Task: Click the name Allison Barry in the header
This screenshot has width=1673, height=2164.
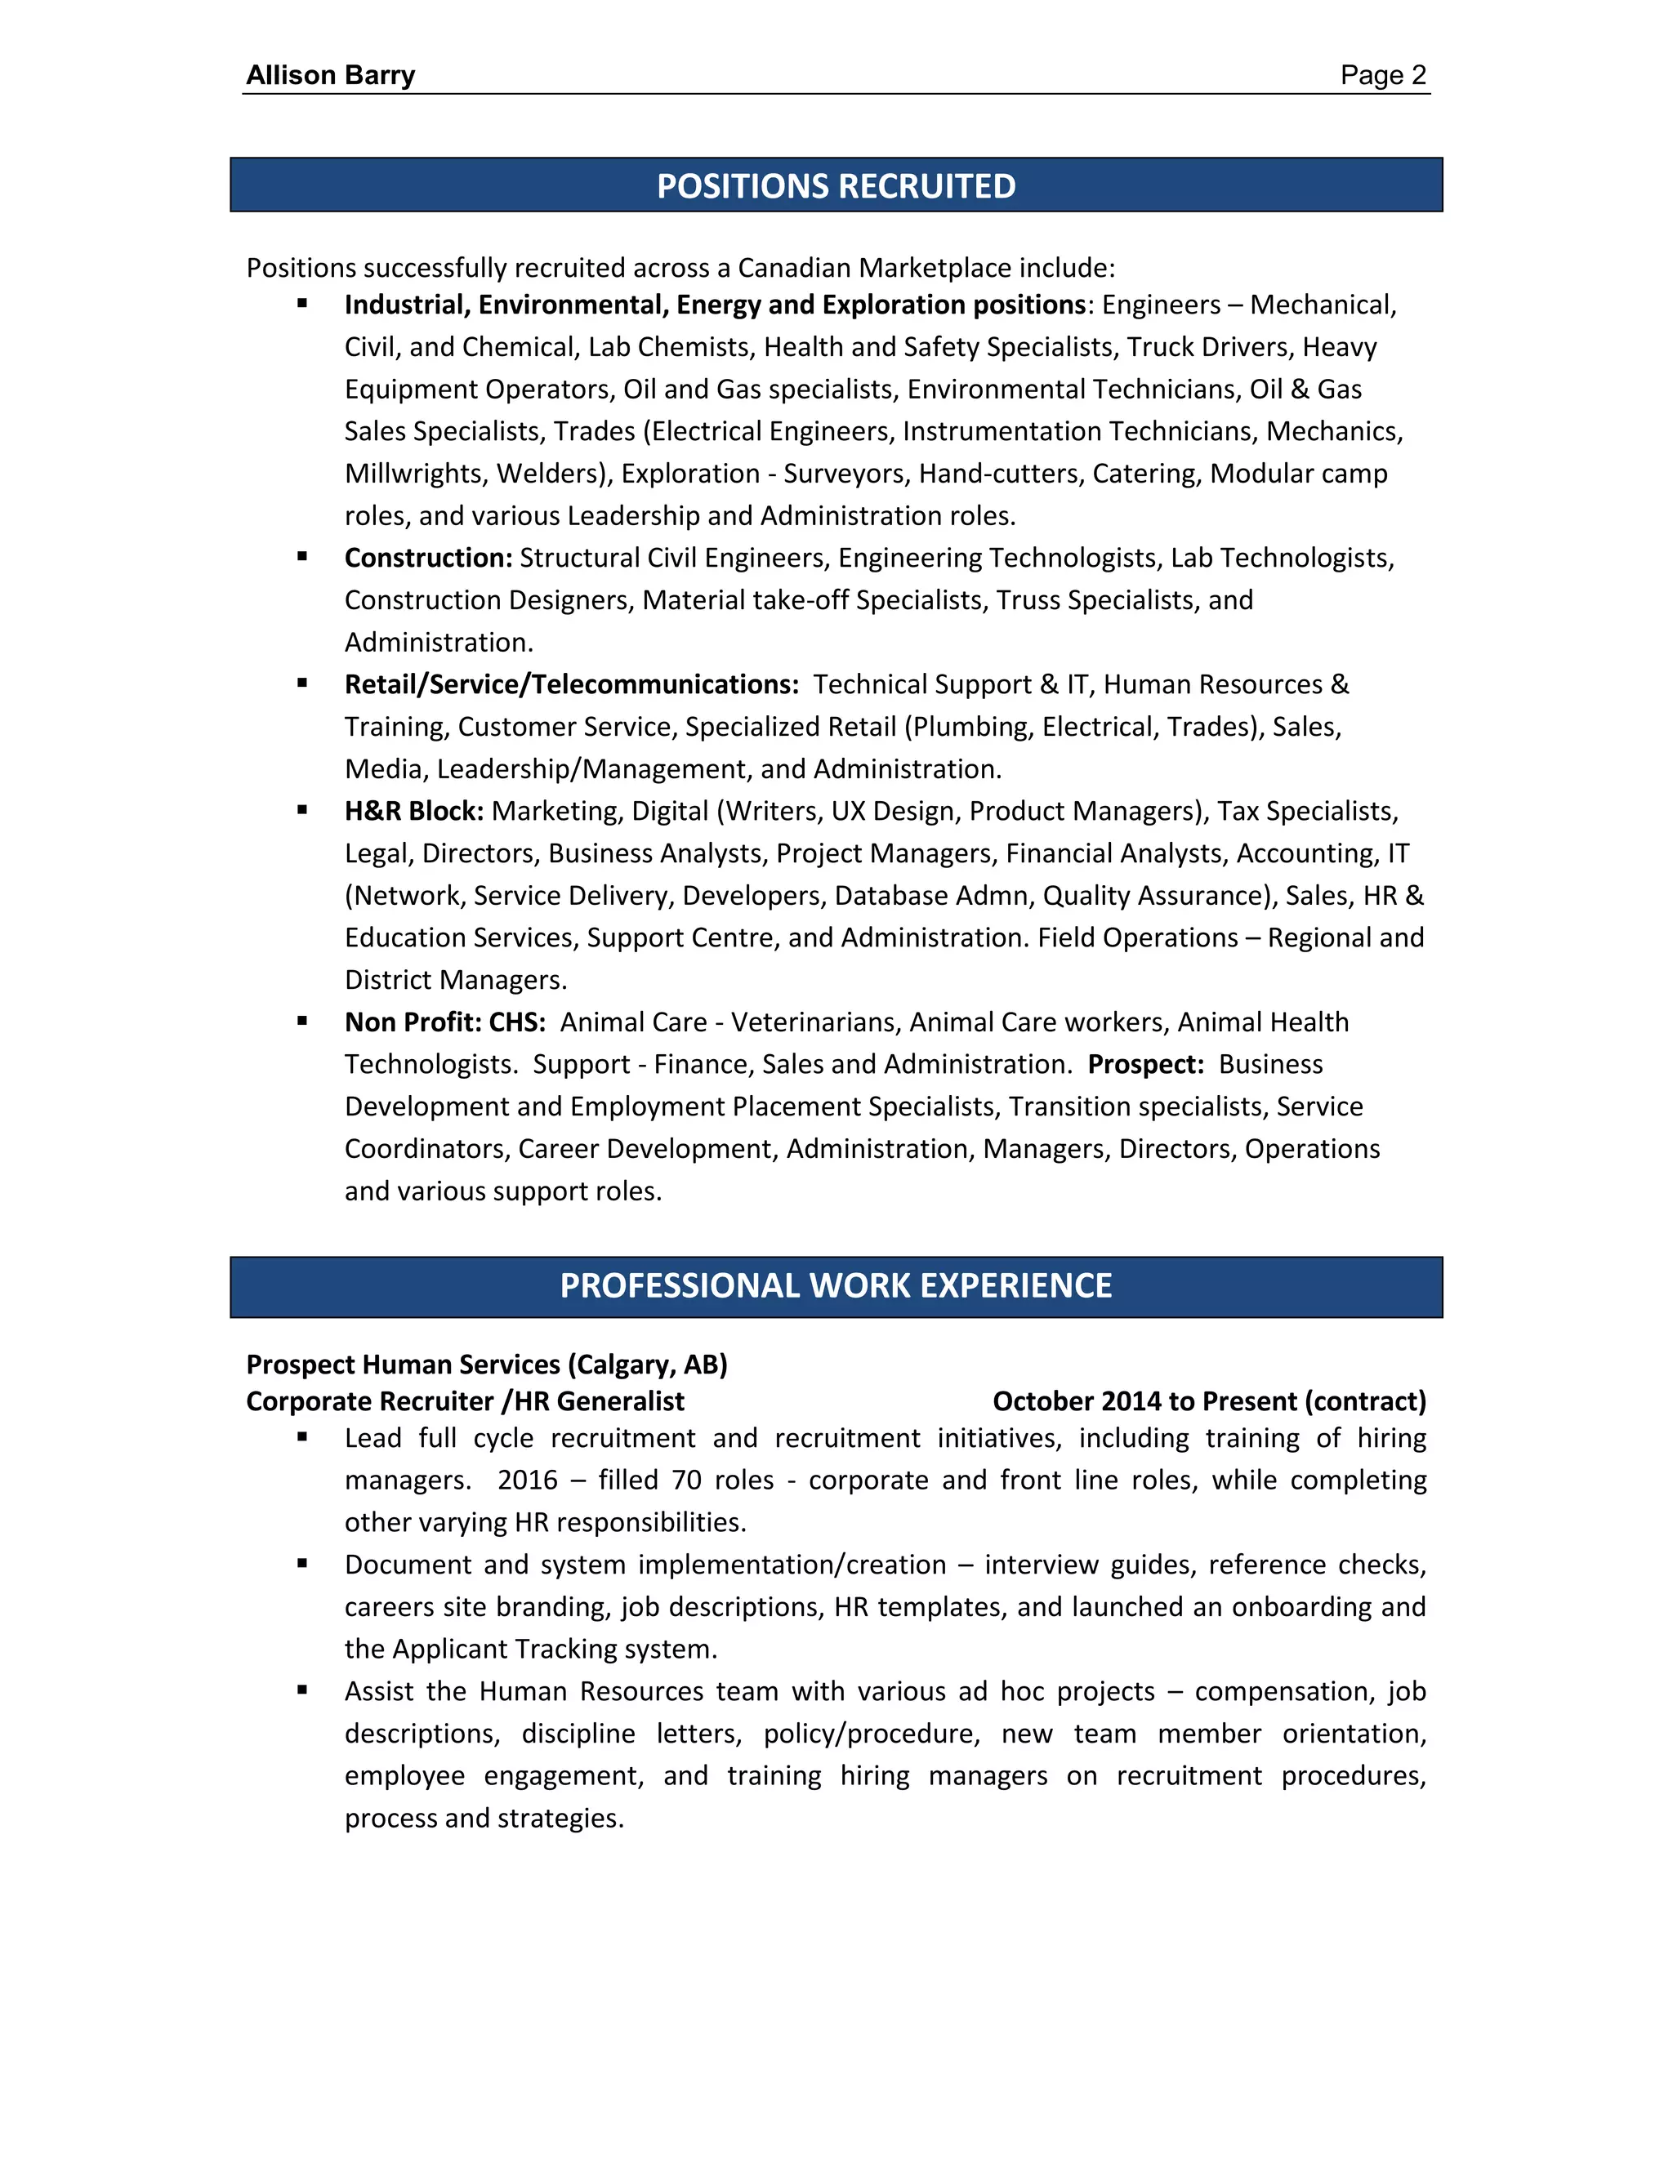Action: pos(330,75)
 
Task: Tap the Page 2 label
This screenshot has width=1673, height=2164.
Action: pos(1383,75)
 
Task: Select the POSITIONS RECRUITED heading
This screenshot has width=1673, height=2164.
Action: pos(836,186)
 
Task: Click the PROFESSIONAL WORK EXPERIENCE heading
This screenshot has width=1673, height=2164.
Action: pos(836,1286)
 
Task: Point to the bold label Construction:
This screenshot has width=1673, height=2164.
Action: pos(428,558)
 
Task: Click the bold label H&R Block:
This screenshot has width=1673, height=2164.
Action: pos(414,812)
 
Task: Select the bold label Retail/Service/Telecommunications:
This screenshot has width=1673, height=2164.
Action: pos(571,684)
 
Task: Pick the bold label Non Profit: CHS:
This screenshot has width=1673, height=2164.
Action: pos(445,1022)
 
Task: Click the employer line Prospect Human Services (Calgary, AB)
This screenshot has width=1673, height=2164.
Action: pos(487,1365)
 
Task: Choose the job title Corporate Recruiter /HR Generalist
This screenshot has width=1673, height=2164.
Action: pos(465,1402)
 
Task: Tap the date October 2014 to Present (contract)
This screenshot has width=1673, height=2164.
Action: pos(1209,1402)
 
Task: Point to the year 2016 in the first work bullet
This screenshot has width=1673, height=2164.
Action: pos(527,1481)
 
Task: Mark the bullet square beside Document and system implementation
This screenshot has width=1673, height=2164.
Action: pos(302,1565)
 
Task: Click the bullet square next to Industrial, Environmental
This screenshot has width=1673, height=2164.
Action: pos(302,305)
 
